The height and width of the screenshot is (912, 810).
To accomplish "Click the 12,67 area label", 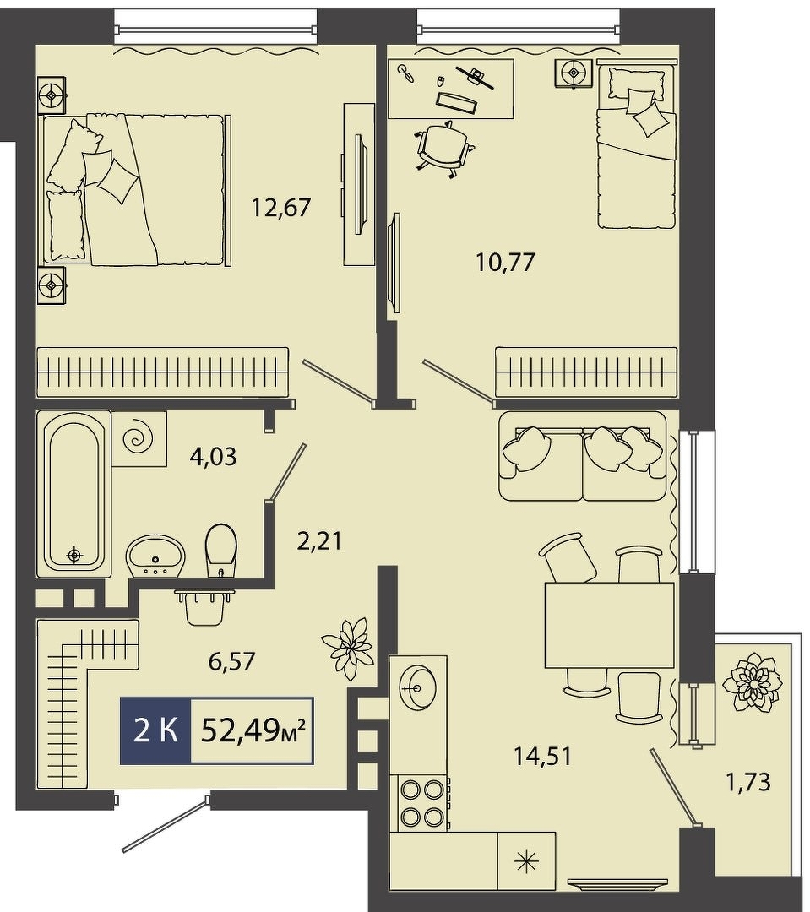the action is [x=281, y=207].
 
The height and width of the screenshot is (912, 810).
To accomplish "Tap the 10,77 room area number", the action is [x=505, y=263].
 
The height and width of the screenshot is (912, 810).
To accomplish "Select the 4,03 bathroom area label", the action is [x=213, y=457].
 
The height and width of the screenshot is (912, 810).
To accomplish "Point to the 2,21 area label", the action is [x=319, y=541].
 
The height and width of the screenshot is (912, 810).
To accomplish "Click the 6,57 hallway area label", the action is [x=231, y=660].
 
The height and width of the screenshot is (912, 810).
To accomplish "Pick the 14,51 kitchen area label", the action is [x=543, y=756].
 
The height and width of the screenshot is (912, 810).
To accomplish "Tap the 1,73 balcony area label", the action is [x=747, y=782].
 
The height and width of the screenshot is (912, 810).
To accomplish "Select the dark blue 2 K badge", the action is [x=155, y=730].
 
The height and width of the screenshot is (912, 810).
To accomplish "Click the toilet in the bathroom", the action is [x=221, y=551].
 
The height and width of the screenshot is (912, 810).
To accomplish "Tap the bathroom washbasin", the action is [x=155, y=556].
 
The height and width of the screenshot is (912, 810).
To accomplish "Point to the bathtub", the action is [x=73, y=494].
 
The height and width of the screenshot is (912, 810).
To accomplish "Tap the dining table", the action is [x=609, y=625].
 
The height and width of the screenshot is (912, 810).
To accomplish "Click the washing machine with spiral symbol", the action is [x=139, y=438].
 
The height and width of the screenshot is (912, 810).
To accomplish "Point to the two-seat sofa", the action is [x=583, y=456].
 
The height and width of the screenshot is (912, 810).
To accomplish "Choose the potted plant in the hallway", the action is [x=347, y=648].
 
